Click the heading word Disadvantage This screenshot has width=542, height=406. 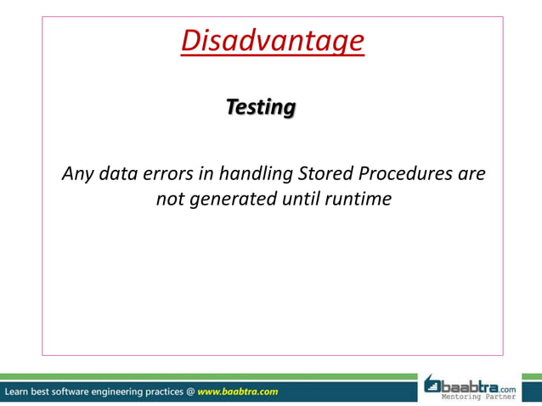point(272,40)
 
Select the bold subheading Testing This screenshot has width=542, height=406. point(261,108)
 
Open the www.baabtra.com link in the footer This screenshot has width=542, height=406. point(238,392)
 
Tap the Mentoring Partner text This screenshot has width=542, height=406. point(477,396)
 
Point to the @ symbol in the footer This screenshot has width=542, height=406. point(189,392)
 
